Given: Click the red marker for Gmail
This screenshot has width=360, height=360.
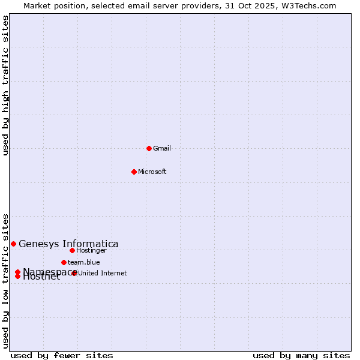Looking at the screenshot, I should click(149, 148).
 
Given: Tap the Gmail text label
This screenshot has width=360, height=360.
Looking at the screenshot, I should click(162, 148).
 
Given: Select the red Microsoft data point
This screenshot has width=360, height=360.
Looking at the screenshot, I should click(134, 172).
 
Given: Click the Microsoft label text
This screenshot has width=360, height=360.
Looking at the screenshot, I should click(152, 172).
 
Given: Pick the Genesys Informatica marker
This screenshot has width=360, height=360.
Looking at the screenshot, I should click(13, 244).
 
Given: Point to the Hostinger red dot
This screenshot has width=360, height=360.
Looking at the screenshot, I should click(72, 250).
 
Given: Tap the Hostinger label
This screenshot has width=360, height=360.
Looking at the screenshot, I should click(91, 250).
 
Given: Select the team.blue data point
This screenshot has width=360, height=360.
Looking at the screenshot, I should click(64, 262).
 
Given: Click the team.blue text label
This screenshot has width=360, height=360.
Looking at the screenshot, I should click(83, 262).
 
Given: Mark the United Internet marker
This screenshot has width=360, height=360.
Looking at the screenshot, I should click(74, 273).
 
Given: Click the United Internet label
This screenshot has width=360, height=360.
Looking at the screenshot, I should click(103, 273).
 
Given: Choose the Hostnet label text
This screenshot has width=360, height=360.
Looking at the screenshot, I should click(41, 277).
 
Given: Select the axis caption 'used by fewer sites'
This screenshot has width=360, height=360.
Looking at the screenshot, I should click(62, 355).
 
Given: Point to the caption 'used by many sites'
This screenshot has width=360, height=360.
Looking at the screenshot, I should click(301, 355).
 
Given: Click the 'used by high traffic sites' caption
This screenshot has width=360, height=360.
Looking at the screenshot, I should click(5, 85).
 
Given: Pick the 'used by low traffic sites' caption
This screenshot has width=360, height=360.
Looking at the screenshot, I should click(5, 281).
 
